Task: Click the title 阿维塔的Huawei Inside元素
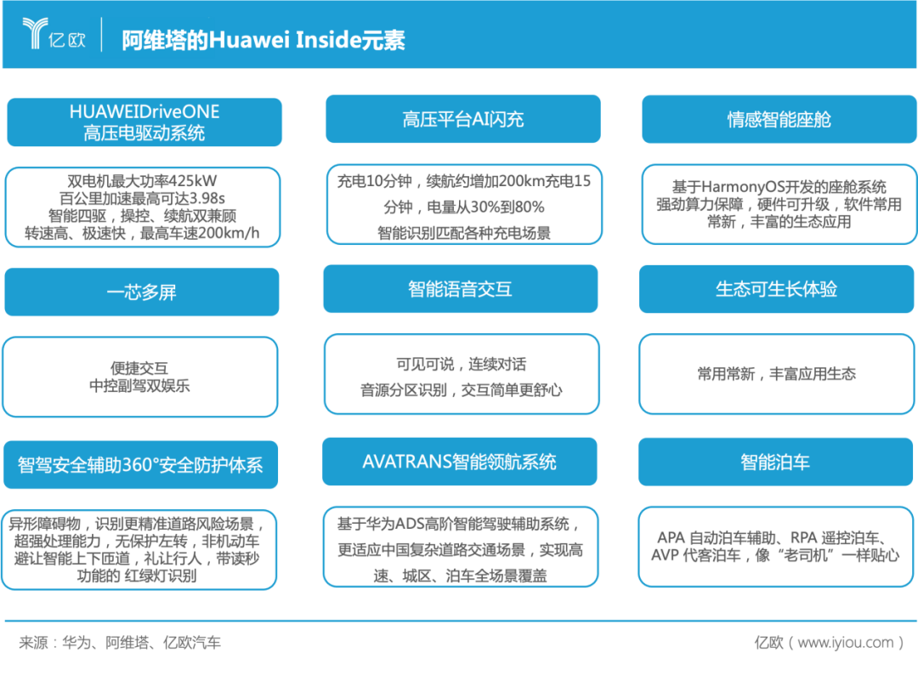pyautogui.click(x=263, y=40)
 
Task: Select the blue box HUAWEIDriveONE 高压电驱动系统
pyautogui.click(x=144, y=122)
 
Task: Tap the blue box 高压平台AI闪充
pyautogui.click(x=463, y=119)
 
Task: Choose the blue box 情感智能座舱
pyautogui.click(x=779, y=120)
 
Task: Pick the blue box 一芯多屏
pyautogui.click(x=142, y=292)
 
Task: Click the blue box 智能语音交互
pyautogui.click(x=460, y=289)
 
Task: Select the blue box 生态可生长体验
pyautogui.click(x=776, y=289)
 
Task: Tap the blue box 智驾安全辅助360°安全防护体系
pyautogui.click(x=140, y=465)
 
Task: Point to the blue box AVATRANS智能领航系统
pyautogui.click(x=460, y=462)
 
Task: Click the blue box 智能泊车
pyautogui.click(x=775, y=462)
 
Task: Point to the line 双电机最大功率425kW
pyautogui.click(x=142, y=181)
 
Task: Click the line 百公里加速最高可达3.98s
pyautogui.click(x=142, y=198)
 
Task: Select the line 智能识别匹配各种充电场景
pyautogui.click(x=464, y=233)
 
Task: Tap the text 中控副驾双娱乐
pyautogui.click(x=140, y=385)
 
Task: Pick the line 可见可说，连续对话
pyautogui.click(x=462, y=364)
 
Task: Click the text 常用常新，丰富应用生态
pyautogui.click(x=776, y=373)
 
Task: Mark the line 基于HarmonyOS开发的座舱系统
pyautogui.click(x=779, y=187)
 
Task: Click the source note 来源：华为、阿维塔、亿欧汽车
pyautogui.click(x=120, y=643)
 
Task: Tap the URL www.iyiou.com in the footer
pyautogui.click(x=846, y=643)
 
